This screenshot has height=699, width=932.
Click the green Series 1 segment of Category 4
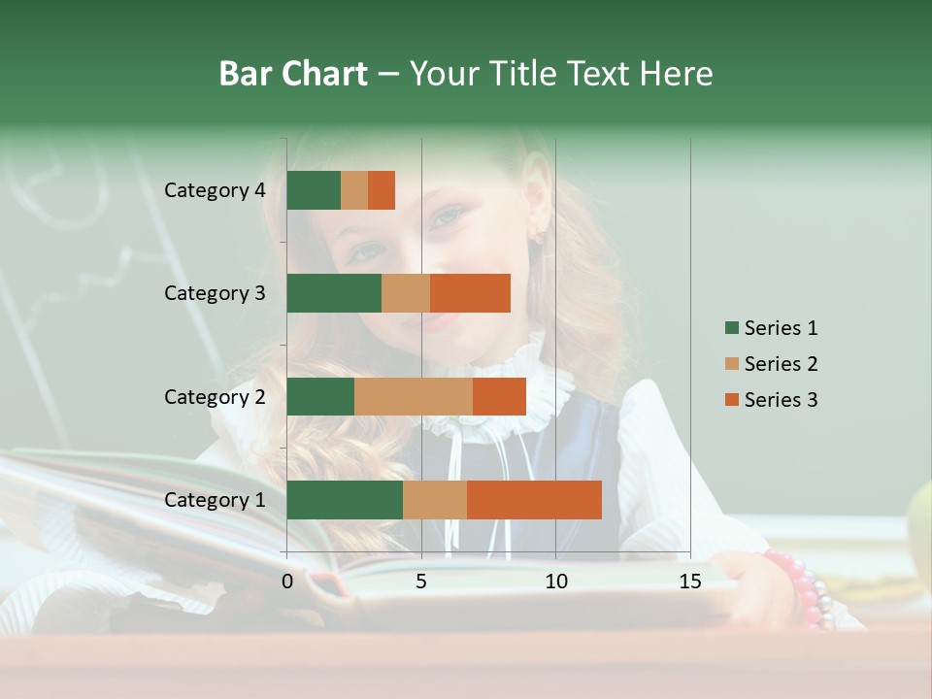point(314,190)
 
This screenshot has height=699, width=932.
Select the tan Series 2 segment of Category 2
point(414,396)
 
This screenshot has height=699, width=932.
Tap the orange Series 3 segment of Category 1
point(534,500)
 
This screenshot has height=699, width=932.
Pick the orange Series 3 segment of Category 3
point(470,293)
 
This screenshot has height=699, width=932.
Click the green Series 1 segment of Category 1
point(345,500)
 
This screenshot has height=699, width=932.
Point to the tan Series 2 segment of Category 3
point(406,293)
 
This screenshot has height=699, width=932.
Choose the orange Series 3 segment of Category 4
point(382,190)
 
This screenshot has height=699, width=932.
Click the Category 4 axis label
point(215,190)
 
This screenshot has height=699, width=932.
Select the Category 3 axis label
point(215,293)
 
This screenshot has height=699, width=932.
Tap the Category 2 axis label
point(215,396)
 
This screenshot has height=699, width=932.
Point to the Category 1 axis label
point(215,500)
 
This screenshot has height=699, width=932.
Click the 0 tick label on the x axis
point(287,582)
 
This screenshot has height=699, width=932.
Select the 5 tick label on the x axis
point(421,582)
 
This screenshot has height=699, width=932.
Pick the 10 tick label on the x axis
point(555,582)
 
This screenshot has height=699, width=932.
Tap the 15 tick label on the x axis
point(690,582)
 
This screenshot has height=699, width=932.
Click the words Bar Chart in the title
point(293,74)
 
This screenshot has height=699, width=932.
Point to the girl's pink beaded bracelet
point(801,587)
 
